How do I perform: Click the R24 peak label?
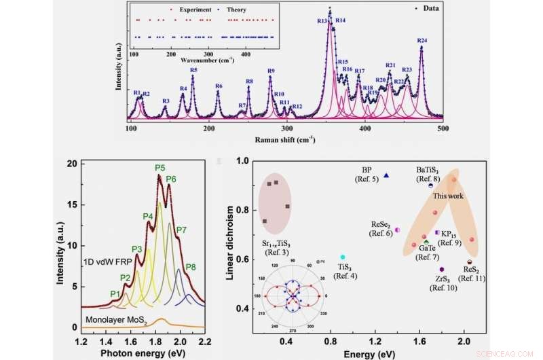[422, 41]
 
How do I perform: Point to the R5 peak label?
[193, 70]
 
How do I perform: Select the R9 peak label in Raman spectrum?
[271, 71]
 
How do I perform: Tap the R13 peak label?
[322, 21]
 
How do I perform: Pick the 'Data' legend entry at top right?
[430, 9]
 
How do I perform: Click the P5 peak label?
[160, 168]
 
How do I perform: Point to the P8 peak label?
[191, 266]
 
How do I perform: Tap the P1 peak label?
[115, 293]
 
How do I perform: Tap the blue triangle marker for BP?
[386, 175]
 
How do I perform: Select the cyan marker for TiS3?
[343, 257]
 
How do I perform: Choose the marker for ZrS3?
[441, 270]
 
